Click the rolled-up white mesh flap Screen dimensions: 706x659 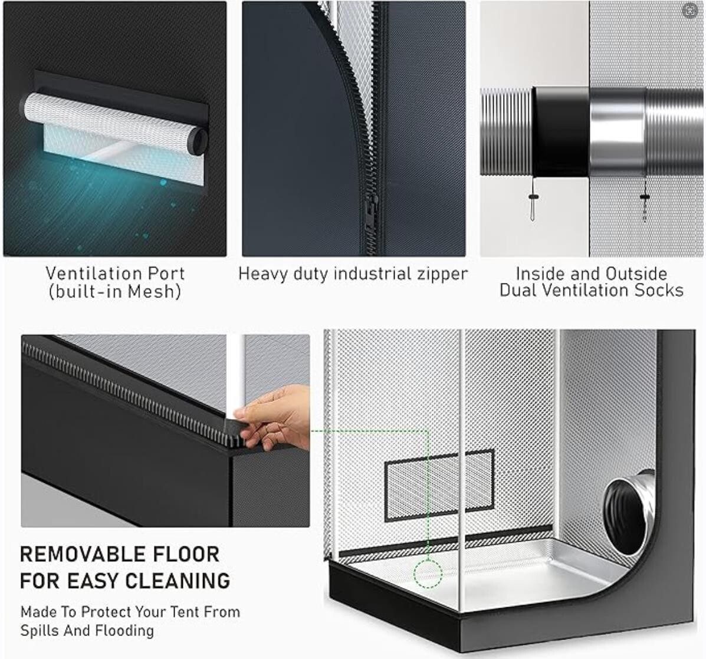(113, 123)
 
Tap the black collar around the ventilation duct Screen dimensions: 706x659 (561, 132)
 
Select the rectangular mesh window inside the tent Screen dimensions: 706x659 (439, 485)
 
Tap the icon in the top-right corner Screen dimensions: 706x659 (690, 10)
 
